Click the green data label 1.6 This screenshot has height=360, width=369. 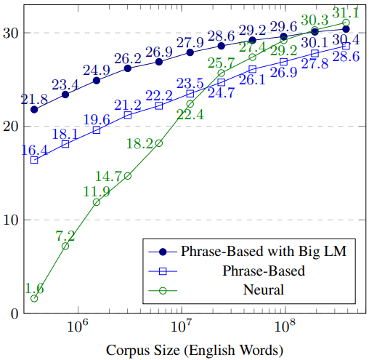pyautogui.click(x=34, y=288)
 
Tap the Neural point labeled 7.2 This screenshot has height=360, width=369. pyautogui.click(x=65, y=246)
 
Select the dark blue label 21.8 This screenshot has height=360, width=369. pyautogui.click(x=33, y=97)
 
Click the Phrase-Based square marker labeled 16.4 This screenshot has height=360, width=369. pyautogui.click(x=34, y=160)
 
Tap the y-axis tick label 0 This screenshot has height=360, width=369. pyautogui.click(x=14, y=313)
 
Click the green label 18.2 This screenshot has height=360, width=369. pyautogui.click(x=139, y=143)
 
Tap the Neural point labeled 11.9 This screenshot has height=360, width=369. pyautogui.click(x=97, y=202)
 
